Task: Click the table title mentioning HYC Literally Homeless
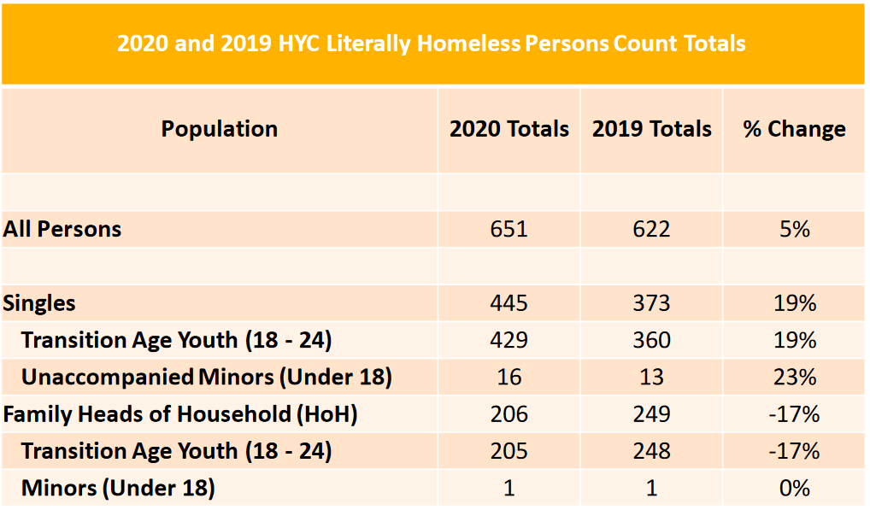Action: pos(432,44)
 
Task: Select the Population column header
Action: pos(220,129)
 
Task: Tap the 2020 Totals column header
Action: pos(509,129)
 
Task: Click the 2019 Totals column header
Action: pos(651,129)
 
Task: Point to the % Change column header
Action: pos(794,129)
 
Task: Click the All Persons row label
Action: pos(62,229)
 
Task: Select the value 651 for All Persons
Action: pos(509,229)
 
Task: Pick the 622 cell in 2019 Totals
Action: pos(651,229)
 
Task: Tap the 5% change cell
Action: pos(794,229)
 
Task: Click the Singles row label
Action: pos(39,303)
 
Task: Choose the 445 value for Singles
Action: pos(509,303)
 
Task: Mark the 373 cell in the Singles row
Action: pos(651,303)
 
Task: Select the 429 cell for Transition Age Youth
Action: pos(509,340)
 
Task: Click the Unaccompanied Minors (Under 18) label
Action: pos(206,377)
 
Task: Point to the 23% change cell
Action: pos(794,377)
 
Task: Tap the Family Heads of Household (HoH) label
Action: pos(180,414)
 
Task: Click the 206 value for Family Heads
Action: pos(509,414)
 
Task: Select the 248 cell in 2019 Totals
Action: pos(651,451)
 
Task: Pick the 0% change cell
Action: pos(794,489)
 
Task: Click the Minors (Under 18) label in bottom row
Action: pos(118,489)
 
